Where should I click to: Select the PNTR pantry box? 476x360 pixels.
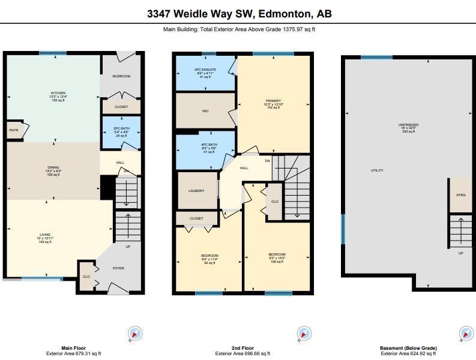click(x=13, y=130)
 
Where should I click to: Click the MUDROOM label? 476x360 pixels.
click(x=121, y=76)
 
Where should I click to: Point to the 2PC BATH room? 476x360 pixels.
click(x=121, y=131)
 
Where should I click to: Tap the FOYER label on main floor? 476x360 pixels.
click(x=118, y=268)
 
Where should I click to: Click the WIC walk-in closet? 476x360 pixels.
click(x=205, y=111)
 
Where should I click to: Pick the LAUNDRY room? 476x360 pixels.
click(x=196, y=191)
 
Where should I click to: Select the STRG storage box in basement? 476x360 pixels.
click(x=461, y=195)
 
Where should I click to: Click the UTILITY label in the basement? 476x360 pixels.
click(x=377, y=170)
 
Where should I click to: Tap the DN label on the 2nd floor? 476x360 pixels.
click(x=267, y=160)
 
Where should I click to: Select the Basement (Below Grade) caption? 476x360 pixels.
click(x=408, y=348)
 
